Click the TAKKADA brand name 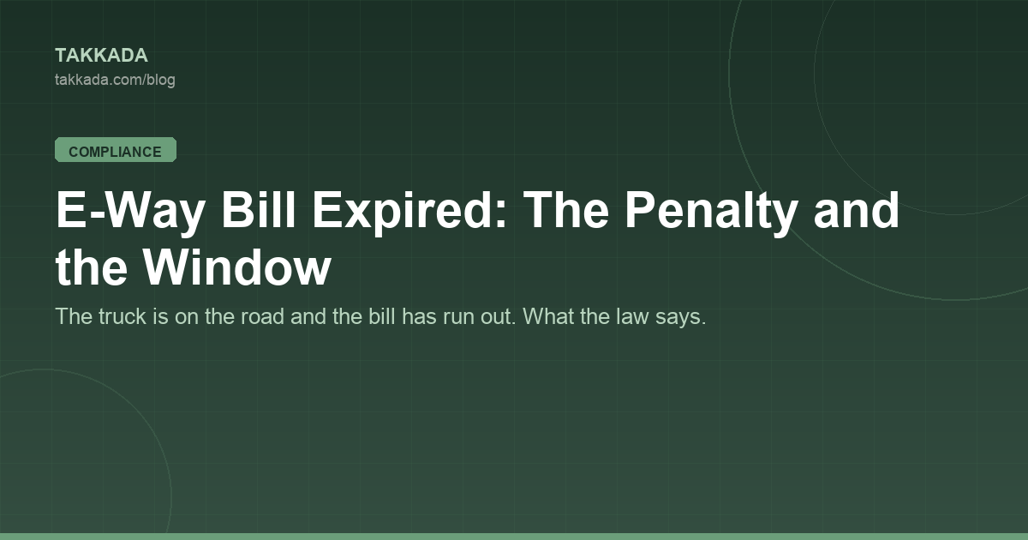101,56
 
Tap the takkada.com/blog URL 115,80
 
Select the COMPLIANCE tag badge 116,150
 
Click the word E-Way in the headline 130,210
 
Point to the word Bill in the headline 259,209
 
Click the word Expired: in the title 409,211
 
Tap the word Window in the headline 236,267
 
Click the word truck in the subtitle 122,316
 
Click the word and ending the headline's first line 857,209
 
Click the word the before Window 91,267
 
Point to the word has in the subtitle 419,316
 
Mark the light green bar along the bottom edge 514,537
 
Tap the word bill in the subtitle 382,316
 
